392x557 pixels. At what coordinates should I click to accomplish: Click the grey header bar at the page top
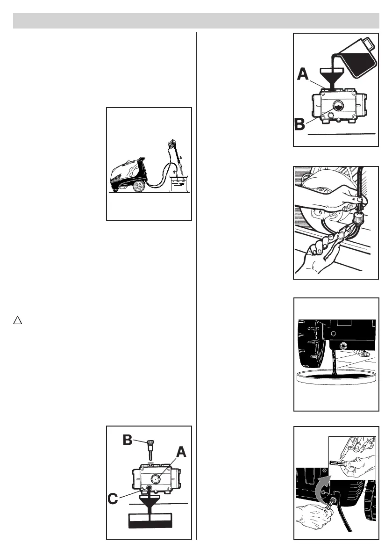coord(196,21)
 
